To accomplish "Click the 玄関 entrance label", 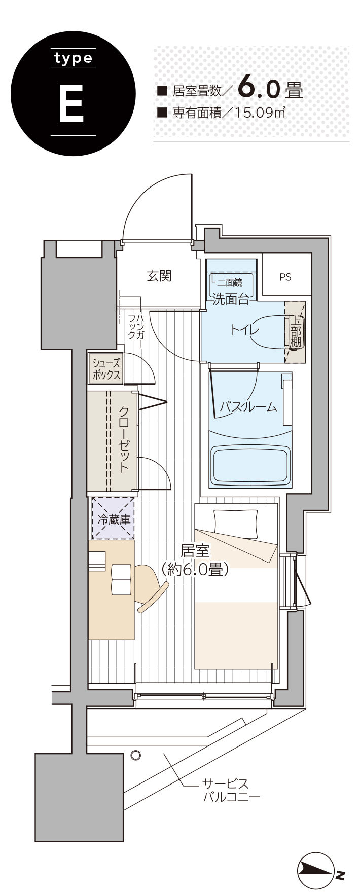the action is (159, 276).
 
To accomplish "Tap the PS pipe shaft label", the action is (285, 277).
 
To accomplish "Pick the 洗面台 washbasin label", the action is (231, 299).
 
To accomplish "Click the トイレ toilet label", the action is (245, 330).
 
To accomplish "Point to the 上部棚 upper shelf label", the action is (295, 332).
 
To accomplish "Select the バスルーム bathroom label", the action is (249, 406).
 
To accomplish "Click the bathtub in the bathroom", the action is (250, 465).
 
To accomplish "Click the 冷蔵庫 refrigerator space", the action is (113, 518).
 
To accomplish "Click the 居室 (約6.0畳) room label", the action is (195, 560).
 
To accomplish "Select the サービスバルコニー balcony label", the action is (231, 790).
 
